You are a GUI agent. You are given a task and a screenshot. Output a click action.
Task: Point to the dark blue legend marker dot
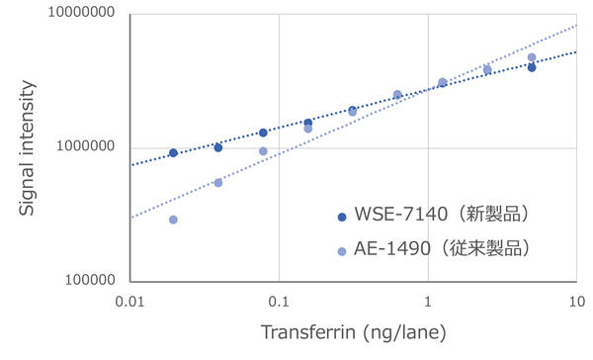[x=342, y=216]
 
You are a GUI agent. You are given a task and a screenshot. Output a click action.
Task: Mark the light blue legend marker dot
[x=342, y=251]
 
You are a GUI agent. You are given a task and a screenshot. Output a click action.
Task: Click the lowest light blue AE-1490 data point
[x=174, y=220]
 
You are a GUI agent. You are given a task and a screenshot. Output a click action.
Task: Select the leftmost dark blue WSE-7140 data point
[x=174, y=153]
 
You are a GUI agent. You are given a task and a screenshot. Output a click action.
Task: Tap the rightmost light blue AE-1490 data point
[x=532, y=57]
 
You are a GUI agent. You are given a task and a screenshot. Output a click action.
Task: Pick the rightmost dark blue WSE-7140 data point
[x=532, y=67]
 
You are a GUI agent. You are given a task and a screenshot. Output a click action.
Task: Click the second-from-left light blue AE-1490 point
[x=218, y=183]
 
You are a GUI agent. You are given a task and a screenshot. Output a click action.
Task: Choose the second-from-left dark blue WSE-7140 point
[x=218, y=147]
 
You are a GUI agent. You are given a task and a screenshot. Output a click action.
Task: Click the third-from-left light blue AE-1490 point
[x=263, y=151]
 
